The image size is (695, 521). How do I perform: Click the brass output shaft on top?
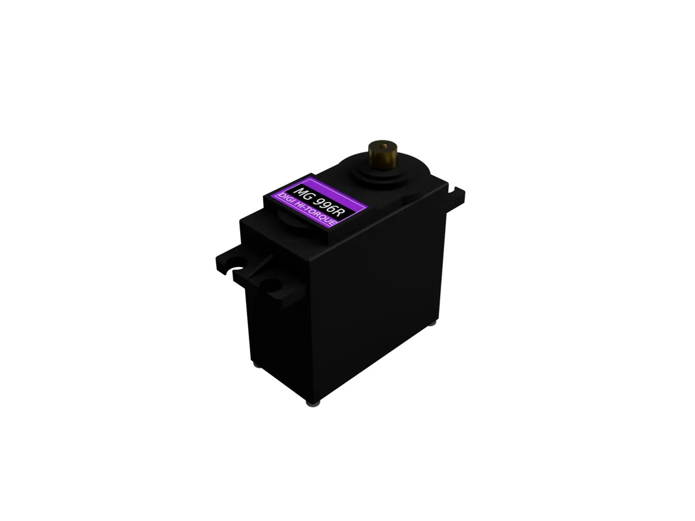383,156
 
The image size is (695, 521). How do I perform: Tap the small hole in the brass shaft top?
385,146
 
